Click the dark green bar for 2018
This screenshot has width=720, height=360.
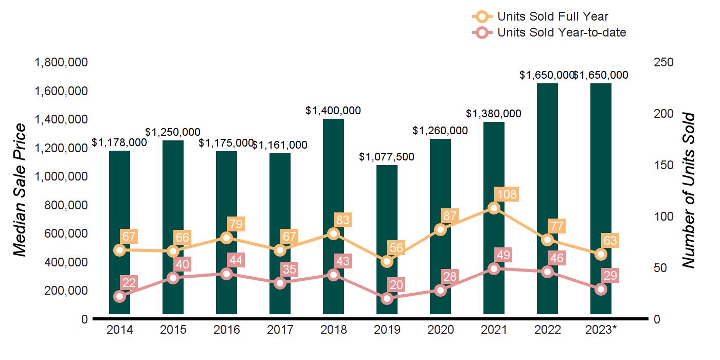tap(333, 216)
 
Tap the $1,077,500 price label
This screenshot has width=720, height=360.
tap(387, 156)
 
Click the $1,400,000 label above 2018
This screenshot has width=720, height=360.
tap(333, 110)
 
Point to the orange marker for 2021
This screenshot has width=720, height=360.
tap(494, 208)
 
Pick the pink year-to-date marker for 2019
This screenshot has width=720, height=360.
tap(387, 298)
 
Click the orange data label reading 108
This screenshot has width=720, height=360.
tap(506, 194)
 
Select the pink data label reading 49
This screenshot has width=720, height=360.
tap(506, 255)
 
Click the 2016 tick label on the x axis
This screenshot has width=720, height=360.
tap(226, 330)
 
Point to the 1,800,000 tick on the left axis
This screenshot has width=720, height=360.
tap(61, 63)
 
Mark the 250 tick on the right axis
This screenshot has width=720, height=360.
tap(664, 63)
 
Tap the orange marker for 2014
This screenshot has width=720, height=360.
tap(119, 250)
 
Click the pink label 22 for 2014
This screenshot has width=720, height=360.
tap(129, 282)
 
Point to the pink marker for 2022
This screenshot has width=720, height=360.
tap(547, 272)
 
